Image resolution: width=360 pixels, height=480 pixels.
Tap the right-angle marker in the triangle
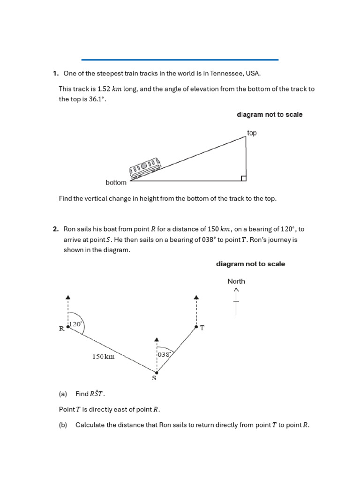point(243,178)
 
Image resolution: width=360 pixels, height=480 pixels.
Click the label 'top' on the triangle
point(252,133)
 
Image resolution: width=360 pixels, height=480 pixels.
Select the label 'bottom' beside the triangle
point(116,182)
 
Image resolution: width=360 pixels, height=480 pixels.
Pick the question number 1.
point(55,73)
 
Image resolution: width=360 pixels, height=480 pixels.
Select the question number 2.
point(55,229)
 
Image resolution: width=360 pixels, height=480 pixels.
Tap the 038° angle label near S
point(163,355)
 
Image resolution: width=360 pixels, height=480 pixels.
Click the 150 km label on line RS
point(103,357)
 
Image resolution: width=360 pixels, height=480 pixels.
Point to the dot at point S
point(157,373)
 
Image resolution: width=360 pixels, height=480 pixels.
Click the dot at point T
point(196,327)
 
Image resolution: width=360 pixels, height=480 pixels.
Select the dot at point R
point(68,327)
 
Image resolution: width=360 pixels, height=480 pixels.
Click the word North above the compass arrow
point(236,281)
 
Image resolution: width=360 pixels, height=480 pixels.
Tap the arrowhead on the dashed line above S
point(157,339)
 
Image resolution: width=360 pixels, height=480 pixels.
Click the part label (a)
point(63,394)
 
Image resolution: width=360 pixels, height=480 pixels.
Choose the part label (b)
point(63,425)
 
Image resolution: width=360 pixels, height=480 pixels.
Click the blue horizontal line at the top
point(180,60)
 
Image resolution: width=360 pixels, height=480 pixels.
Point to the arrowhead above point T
point(196,297)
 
